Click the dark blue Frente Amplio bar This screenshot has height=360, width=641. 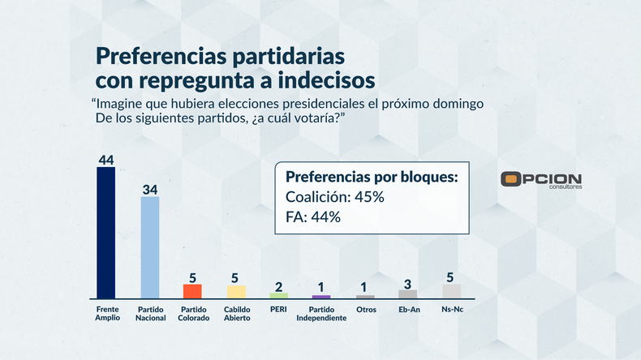[106, 234]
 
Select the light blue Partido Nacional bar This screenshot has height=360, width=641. [150, 247]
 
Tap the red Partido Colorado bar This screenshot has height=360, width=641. [192, 291]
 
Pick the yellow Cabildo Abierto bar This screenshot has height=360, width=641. [236, 291]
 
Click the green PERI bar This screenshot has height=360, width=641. [279, 295]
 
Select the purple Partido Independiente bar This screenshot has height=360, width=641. [322, 297]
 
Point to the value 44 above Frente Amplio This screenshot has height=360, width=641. [106, 160]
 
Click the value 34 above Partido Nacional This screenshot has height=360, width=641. [150, 189]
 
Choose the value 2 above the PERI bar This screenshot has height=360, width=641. [279, 286]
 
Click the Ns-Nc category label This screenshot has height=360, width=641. [451, 310]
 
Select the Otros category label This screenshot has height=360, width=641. [365, 310]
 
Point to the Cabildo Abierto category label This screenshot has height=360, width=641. [236, 314]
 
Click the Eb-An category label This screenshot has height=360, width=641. [408, 310]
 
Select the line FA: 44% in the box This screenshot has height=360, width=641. [313, 216]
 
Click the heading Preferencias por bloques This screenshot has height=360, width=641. [372, 177]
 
